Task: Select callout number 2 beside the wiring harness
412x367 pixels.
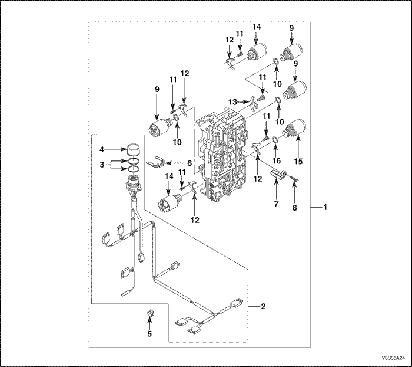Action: [264, 306]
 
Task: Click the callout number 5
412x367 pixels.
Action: [149, 333]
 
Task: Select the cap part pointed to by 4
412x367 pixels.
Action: [134, 148]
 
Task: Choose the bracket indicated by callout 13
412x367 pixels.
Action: [254, 103]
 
